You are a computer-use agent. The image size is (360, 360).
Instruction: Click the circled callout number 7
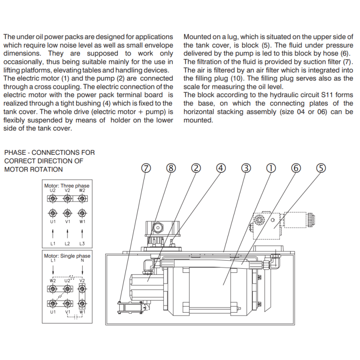pos(145,168)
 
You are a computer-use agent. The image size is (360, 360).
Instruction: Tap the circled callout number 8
pos(170,168)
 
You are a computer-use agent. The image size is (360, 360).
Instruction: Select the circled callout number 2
pos(196,168)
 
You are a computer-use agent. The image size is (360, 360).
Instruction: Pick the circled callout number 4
pos(220,168)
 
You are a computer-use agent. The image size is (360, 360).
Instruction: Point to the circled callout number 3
pos(246,168)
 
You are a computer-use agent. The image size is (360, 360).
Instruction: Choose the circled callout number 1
pos(270,168)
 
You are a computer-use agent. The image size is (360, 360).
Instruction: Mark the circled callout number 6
pos(296,168)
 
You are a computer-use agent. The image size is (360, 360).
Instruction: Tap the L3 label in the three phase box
pos(82,243)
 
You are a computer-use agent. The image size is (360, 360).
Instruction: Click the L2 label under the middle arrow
pos(67,243)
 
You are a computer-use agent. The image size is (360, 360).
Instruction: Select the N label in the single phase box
pos(82,261)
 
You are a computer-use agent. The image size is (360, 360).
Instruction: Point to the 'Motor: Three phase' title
pos(67,186)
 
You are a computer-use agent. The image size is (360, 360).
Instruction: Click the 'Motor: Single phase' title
pos(67,256)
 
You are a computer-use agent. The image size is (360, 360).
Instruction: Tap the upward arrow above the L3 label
pos(82,233)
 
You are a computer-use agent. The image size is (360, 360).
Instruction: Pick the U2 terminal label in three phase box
pos(53,190)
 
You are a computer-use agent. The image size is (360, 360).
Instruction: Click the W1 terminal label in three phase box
pos(82,222)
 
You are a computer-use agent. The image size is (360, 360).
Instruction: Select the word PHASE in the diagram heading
pos(15,153)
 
